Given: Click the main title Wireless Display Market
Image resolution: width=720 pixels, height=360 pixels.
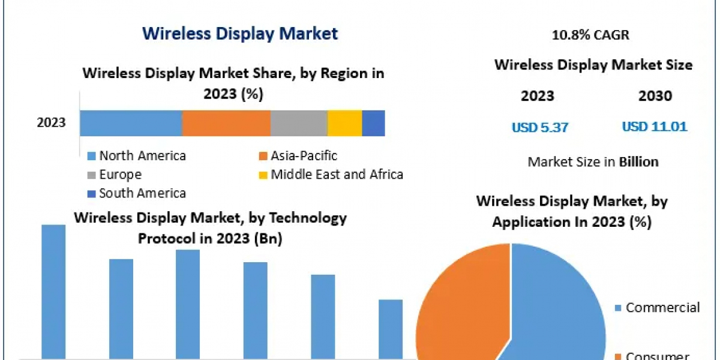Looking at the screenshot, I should tap(240, 33).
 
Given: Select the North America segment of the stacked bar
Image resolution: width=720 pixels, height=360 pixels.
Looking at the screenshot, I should tap(131, 123).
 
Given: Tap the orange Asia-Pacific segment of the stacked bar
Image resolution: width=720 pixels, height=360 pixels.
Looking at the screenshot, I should tap(226, 123).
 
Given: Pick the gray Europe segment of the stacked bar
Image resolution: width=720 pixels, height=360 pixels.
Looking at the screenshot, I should tap(299, 123).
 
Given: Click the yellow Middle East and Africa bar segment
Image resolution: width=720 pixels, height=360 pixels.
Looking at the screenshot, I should tap(344, 123).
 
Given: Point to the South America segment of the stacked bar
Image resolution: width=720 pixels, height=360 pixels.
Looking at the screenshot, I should tap(373, 123).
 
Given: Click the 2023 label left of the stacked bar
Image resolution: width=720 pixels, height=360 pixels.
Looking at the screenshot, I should tap(51, 123).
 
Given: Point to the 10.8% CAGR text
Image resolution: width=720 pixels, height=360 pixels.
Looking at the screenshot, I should tap(590, 35).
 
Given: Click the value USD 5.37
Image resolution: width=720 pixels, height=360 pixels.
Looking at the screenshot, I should tap(539, 127).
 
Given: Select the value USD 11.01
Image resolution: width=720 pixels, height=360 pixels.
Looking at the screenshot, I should tap(655, 127).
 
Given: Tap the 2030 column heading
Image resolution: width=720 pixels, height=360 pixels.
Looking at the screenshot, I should tap(655, 96).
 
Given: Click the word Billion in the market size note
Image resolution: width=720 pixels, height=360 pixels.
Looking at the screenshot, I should tap(638, 161).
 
